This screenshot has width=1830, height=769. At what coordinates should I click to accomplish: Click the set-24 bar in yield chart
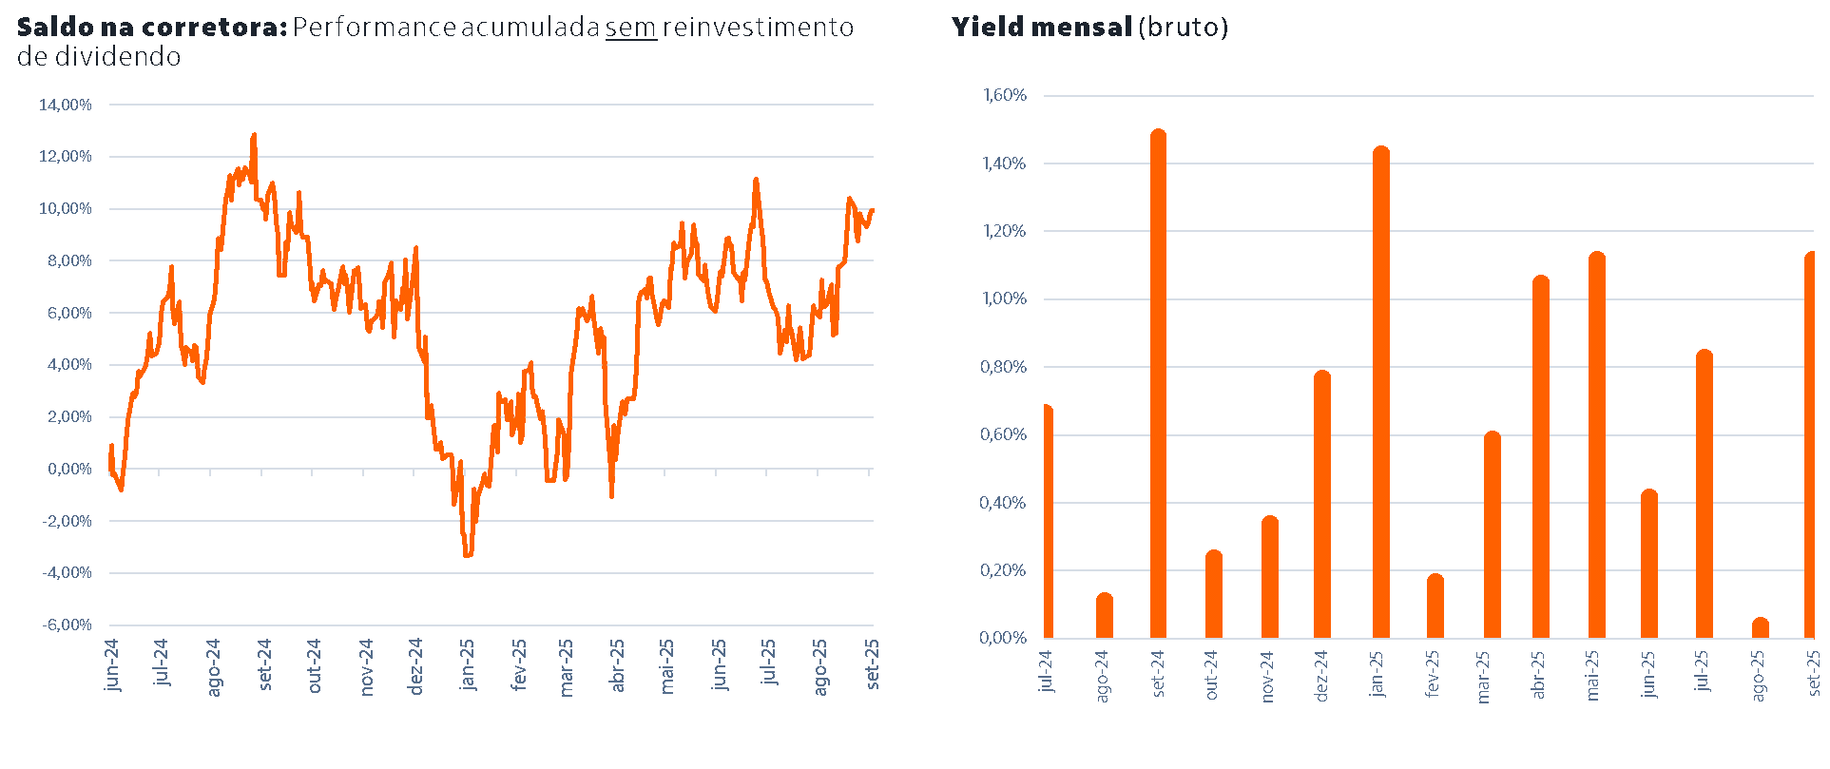pyautogui.click(x=1158, y=384)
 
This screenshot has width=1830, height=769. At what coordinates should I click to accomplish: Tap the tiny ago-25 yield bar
pyautogui.click(x=1761, y=628)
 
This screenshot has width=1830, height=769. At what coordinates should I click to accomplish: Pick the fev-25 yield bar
pyautogui.click(x=1435, y=606)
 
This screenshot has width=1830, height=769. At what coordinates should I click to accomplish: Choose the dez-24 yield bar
pyautogui.click(x=1322, y=505)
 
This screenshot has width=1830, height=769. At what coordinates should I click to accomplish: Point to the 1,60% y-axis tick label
pyautogui.click(x=1005, y=95)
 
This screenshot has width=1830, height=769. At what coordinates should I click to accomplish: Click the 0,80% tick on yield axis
pyautogui.click(x=1003, y=367)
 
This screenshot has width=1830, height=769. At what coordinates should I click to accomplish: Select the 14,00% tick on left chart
pyautogui.click(x=65, y=105)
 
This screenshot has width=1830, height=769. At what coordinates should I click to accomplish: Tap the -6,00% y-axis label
pyautogui.click(x=67, y=625)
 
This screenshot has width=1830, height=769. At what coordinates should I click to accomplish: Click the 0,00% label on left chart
pyautogui.click(x=69, y=469)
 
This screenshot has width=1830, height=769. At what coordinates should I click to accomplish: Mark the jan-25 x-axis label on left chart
pyautogui.click(x=467, y=663)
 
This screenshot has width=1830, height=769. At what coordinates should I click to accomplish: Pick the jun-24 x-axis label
pyautogui.click(x=113, y=663)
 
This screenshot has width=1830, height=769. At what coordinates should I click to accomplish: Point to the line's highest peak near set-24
pyautogui.click(x=254, y=136)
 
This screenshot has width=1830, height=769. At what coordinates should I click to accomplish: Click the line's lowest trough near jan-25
pyautogui.click(x=468, y=554)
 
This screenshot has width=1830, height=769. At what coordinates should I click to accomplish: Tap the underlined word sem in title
pyautogui.click(x=631, y=28)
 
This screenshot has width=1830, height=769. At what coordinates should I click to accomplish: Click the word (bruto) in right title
pyautogui.click(x=1184, y=28)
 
